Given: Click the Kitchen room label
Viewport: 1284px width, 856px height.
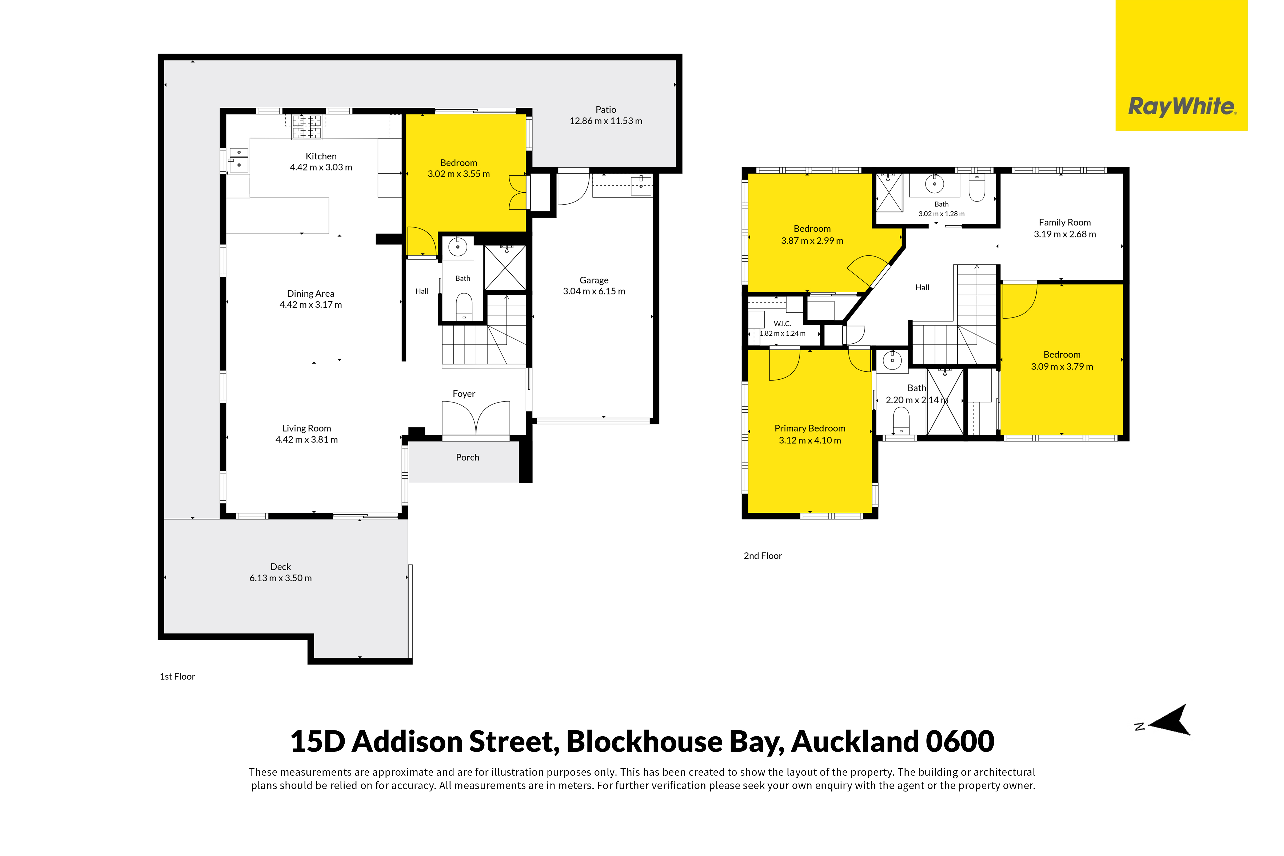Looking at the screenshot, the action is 321,156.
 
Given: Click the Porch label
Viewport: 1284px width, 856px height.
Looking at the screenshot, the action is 468,457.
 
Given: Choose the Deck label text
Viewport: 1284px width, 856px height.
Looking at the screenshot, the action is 281,567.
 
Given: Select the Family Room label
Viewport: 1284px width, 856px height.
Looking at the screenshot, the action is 1065,222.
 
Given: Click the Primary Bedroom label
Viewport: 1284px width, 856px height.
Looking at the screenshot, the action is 810,429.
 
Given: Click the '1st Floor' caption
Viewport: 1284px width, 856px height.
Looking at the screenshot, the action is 177,676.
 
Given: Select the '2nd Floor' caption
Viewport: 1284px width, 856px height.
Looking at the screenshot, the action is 763,556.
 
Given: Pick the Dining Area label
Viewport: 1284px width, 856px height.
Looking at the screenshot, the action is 311,294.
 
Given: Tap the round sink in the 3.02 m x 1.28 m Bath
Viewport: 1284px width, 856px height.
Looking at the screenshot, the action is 935,184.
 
